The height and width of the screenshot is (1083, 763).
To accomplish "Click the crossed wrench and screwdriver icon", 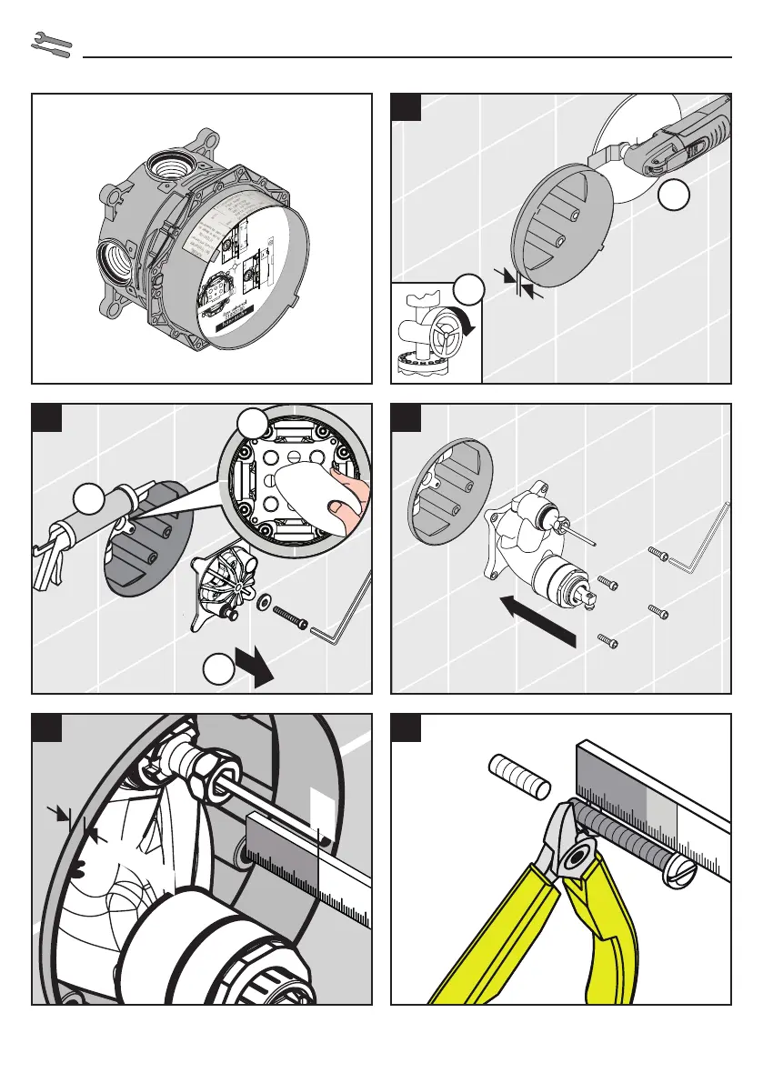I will [51, 45].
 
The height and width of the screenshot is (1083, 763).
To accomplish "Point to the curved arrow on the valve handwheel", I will [465, 320].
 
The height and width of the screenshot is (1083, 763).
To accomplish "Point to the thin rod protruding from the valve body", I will [578, 532].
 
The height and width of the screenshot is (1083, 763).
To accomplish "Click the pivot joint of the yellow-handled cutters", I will [575, 855].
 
